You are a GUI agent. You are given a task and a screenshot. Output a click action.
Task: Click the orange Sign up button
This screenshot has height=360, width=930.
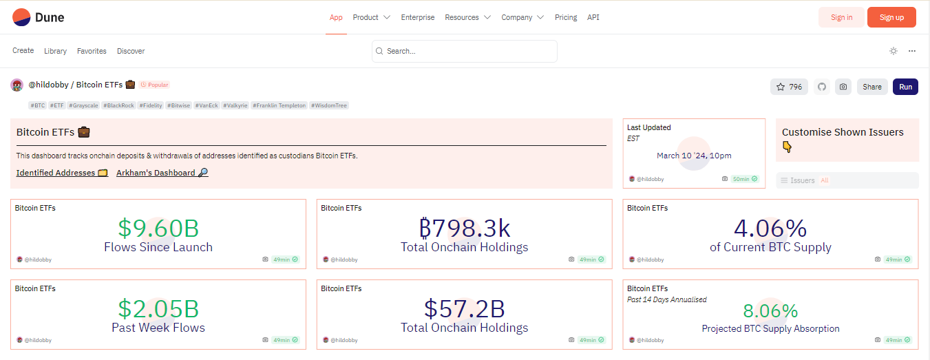891,17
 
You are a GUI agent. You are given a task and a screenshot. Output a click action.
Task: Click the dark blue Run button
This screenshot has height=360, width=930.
905,87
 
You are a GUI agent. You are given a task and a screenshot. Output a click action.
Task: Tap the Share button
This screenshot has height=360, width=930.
872,87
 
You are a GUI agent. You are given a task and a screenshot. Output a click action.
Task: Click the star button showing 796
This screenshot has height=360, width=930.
789,87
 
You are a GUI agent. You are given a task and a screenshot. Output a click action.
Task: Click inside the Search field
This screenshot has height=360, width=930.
464,51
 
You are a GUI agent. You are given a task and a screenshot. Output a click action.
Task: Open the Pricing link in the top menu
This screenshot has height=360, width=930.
566,17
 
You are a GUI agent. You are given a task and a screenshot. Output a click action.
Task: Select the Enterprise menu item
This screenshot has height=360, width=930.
418,17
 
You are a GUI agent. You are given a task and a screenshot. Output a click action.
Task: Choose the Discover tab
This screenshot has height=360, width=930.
131,51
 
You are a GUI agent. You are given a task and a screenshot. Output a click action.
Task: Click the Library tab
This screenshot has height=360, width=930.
55,51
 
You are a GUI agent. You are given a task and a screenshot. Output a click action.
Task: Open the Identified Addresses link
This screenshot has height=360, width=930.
62,173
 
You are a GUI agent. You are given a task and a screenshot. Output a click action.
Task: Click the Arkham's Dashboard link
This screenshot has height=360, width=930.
162,173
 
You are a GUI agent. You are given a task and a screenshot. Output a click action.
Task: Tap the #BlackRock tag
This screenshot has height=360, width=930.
118,105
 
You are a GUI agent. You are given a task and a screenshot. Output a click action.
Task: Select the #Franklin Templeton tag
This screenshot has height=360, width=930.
279,105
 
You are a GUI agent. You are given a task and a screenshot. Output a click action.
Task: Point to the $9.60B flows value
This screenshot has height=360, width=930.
158,228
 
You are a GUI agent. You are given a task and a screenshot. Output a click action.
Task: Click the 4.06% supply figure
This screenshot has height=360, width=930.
770,228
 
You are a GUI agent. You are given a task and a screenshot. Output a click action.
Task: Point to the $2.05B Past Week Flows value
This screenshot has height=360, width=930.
158,308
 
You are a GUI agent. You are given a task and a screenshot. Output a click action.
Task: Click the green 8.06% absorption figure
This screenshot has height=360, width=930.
770,310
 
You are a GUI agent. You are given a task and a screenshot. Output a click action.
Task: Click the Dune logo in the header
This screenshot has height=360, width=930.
38,17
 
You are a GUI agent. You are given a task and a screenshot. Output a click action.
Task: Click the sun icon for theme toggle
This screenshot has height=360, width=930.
893,51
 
